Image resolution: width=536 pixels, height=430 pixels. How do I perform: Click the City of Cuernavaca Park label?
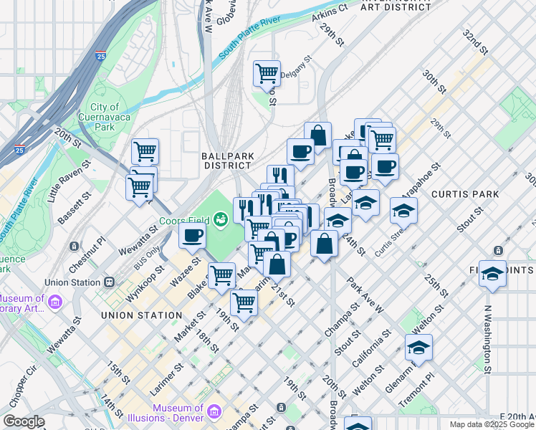[x=105, y=117]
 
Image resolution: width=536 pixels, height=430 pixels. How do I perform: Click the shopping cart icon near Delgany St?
[x=267, y=72]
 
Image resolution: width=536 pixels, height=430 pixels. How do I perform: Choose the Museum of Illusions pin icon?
[x=215, y=412]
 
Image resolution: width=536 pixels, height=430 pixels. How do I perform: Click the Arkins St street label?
[x=332, y=9]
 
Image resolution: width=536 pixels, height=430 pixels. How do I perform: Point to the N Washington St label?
[x=487, y=340]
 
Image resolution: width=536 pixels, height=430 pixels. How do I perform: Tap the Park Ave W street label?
[x=366, y=295]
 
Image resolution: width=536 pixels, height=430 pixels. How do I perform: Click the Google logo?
[x=23, y=421]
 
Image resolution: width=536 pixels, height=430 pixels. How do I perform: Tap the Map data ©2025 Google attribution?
[x=491, y=424]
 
